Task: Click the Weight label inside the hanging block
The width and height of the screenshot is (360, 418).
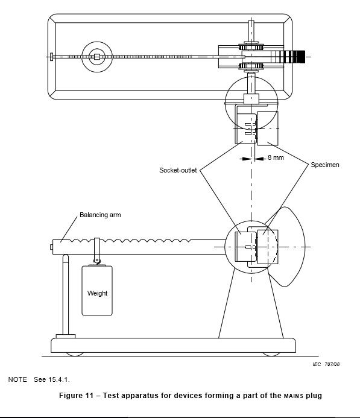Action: click(97, 293)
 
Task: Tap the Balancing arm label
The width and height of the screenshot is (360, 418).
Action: click(100, 215)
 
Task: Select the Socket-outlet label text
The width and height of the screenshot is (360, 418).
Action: click(178, 170)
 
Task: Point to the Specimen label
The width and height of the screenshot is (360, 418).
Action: click(325, 165)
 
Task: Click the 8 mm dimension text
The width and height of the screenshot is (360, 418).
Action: click(276, 157)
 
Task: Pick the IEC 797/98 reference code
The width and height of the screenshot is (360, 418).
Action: click(326, 364)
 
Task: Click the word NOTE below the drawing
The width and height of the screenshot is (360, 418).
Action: click(17, 379)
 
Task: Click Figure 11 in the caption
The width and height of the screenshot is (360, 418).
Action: click(76, 395)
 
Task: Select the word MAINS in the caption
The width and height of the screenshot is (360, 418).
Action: click(294, 396)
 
